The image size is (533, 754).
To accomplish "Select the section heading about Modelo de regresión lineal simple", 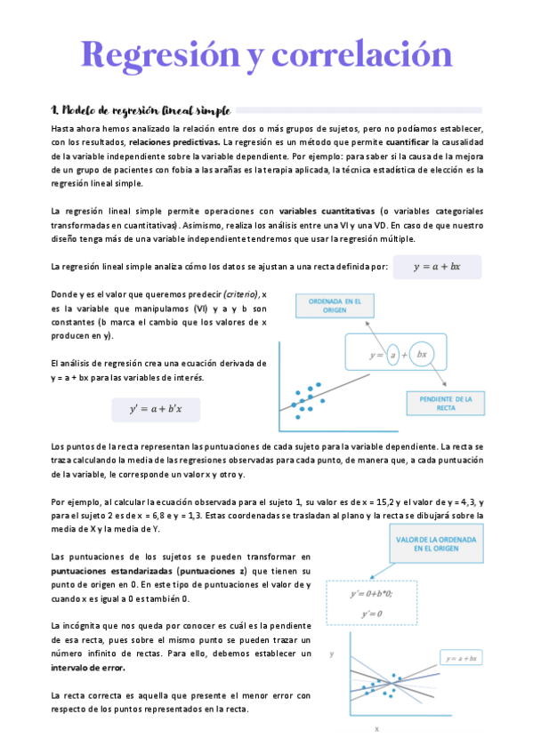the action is (x=141, y=110).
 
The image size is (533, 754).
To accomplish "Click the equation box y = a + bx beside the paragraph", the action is (x=436, y=267).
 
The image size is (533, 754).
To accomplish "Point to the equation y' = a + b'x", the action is (x=156, y=409).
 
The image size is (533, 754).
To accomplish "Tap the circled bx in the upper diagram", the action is (x=422, y=354).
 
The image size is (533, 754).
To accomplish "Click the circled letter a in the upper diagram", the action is (x=391, y=355).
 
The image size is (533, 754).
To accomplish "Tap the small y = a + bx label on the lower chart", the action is (x=462, y=659).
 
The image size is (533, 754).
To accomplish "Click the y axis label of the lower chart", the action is (x=332, y=654).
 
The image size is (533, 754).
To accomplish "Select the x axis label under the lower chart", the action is (x=376, y=728).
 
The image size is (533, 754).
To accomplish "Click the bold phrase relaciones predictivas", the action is (x=174, y=141).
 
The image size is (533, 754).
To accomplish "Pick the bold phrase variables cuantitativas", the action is (x=327, y=211).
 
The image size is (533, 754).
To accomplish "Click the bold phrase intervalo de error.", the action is (x=89, y=666).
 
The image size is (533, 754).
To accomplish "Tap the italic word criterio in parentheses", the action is (x=235, y=294).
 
